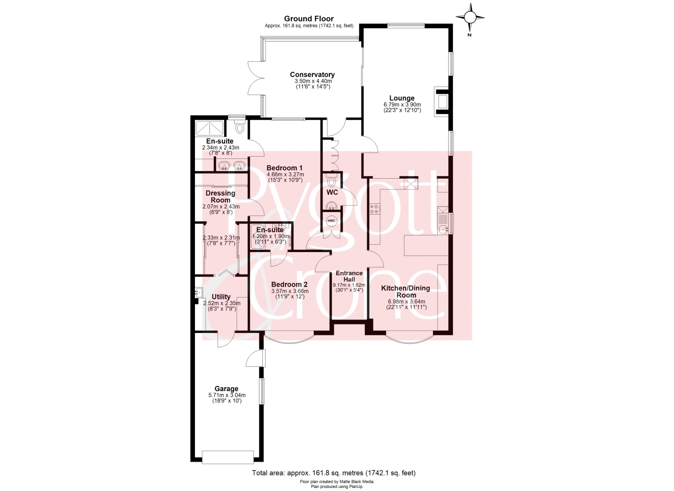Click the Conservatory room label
[x=312, y=74]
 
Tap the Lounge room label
[x=402, y=98]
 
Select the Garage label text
[x=226, y=389]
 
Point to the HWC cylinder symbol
[x=331, y=221]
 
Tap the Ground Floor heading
[x=309, y=19]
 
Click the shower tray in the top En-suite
[x=210, y=128]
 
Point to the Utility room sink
[x=199, y=292]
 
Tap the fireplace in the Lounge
[x=442, y=102]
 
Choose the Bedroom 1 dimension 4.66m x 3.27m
[x=285, y=175]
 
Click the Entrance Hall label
[x=349, y=276]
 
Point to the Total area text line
[x=334, y=473]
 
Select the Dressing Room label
[x=221, y=197]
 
